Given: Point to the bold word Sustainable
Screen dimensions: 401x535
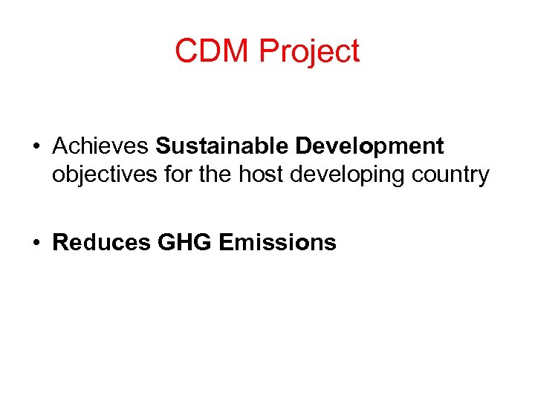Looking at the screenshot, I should tap(222, 146).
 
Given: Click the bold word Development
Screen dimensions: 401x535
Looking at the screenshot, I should tap(369, 147).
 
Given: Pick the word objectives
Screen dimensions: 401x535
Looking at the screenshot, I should tap(103, 175).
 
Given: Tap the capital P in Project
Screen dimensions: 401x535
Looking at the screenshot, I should tap(267, 51).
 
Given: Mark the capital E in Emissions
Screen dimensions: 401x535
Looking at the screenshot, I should tap(227, 242).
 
